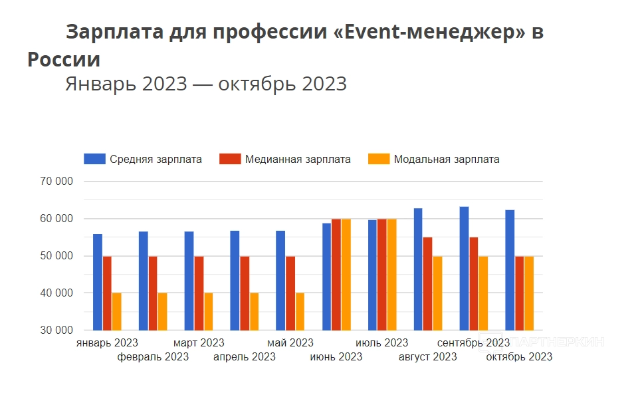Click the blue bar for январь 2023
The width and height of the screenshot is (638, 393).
click(x=97, y=282)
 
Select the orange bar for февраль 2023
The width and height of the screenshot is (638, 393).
click(x=162, y=311)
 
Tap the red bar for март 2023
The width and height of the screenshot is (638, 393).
click(x=199, y=293)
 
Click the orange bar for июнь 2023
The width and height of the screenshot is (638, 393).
click(x=346, y=274)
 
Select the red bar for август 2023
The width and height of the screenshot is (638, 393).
click(x=427, y=283)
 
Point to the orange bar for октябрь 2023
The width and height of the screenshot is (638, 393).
click(x=529, y=293)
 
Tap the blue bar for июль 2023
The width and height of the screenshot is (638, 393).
click(x=372, y=275)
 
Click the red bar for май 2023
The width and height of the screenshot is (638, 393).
click(x=290, y=293)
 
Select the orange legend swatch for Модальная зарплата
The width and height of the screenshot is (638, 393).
click(x=379, y=159)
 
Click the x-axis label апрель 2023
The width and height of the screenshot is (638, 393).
click(x=245, y=357)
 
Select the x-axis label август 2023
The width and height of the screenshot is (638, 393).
click(x=427, y=357)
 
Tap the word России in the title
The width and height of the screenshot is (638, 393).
click(x=64, y=59)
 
